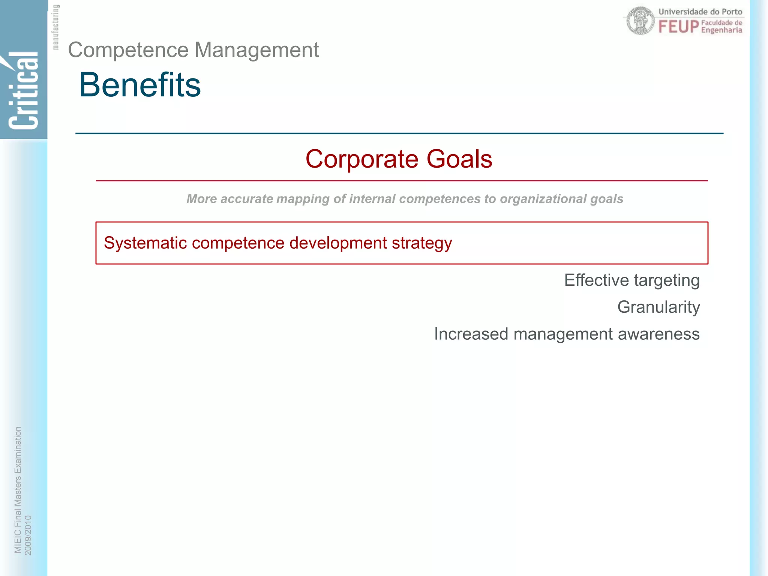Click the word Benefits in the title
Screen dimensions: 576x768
[139, 85]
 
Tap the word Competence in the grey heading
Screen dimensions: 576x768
[128, 50]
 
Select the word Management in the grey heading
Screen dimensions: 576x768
[256, 50]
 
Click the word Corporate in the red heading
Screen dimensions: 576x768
[361, 159]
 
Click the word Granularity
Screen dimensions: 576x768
[658, 307]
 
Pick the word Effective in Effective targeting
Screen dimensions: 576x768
[596, 280]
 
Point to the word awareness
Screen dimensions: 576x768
[658, 334]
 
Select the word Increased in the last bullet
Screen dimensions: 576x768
[471, 334]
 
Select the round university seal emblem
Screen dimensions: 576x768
[640, 21]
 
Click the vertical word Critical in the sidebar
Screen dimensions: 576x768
[23, 91]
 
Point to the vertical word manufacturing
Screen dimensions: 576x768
[55, 27]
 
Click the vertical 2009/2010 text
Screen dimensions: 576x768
[28, 535]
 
